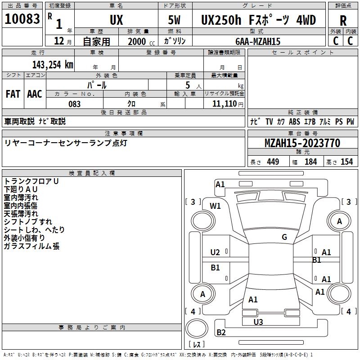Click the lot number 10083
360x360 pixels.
pyautogui.click(x=22, y=18)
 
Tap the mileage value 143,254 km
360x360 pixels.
pyautogui.click(x=53, y=64)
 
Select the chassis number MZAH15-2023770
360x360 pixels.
pyautogui.click(x=302, y=143)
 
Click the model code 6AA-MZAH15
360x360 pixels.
pyautogui.click(x=258, y=41)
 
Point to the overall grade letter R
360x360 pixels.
pyautogui.click(x=343, y=21)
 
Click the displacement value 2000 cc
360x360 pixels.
pyautogui.click(x=141, y=41)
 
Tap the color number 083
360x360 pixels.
pyautogui.click(x=74, y=104)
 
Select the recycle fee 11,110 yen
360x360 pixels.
pyautogui.click(x=228, y=104)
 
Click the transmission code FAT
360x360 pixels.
pyautogui.click(x=13, y=94)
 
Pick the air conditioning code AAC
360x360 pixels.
pyautogui.click(x=35, y=94)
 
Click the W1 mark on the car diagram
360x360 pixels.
pyautogui.click(x=215, y=206)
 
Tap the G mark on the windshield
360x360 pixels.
pyautogui.click(x=284, y=237)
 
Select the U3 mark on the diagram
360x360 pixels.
pyautogui.click(x=258, y=322)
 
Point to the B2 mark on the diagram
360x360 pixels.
pyautogui.click(x=221, y=332)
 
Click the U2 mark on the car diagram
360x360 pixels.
pyautogui.click(x=215, y=252)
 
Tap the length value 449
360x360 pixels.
pyautogui.click(x=273, y=162)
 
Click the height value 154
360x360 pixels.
pyautogui.click(x=346, y=162)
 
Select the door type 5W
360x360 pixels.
pyautogui.click(x=174, y=20)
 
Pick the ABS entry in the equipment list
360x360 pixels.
pyautogui.click(x=294, y=121)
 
